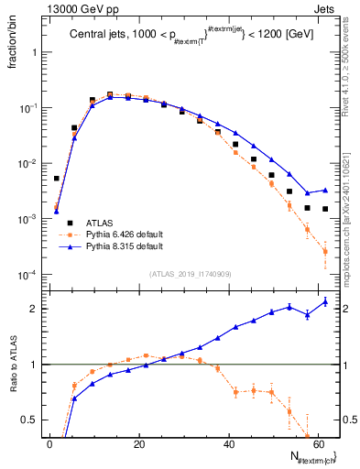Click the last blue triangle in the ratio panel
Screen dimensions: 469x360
[325, 302]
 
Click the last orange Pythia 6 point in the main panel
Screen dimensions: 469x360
[325, 251]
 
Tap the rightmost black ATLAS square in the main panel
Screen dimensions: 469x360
[325, 209]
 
